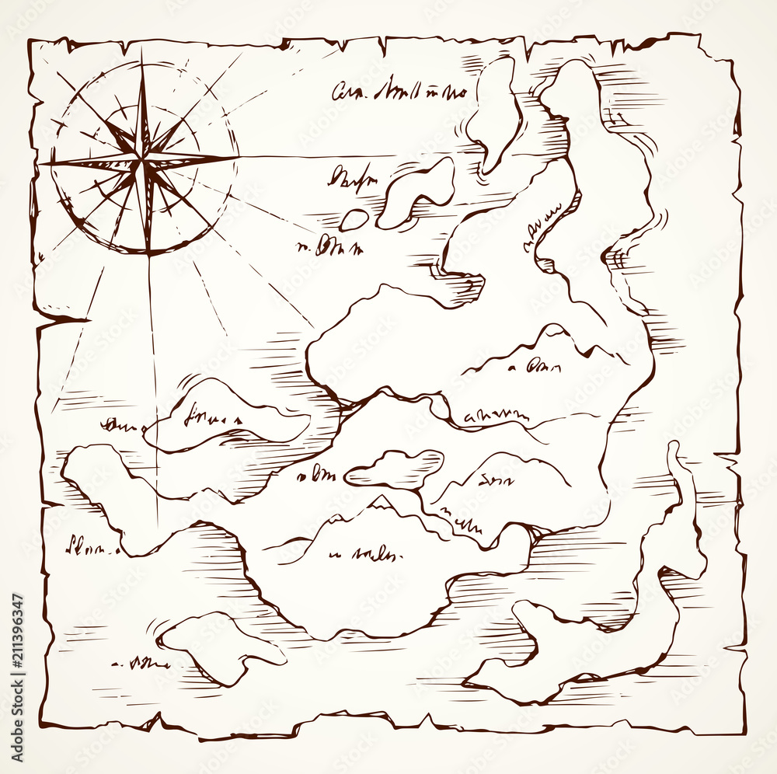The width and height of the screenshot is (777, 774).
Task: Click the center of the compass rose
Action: (143, 162)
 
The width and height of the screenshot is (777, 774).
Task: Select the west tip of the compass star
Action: (41, 165)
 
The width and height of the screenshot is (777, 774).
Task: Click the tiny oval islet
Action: (354, 220)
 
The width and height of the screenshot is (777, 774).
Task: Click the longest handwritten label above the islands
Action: (399, 92)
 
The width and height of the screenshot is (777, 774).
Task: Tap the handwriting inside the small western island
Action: (211, 418)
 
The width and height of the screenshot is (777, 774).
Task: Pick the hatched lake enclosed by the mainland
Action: (395, 469)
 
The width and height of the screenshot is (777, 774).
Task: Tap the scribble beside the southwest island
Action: (140, 663)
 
